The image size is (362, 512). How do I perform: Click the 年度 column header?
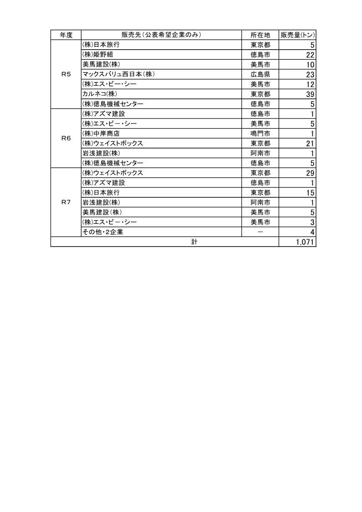pos(66,35)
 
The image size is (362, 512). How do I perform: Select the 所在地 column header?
pos(260,35)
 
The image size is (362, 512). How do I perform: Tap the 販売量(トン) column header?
pos(297,35)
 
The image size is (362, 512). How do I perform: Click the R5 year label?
pos(66,74)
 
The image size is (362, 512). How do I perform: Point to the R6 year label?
pos(66,138)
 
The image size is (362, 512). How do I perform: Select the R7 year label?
pos(66,202)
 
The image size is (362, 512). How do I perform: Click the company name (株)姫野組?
pos(98,55)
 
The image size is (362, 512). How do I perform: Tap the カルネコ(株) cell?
pos(100,94)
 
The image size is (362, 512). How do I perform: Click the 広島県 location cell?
pos(260,74)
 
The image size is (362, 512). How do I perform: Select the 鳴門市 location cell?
pos(260,134)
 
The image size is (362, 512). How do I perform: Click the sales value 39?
pos(310,94)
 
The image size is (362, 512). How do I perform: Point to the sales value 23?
pos(310,74)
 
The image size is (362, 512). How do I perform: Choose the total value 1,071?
pos(305,243)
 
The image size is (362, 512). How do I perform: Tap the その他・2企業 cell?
pos(103,232)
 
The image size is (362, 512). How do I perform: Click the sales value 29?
pos(310,173)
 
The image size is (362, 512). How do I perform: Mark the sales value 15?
pos(310,193)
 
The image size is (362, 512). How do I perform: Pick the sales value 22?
pos(310,55)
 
